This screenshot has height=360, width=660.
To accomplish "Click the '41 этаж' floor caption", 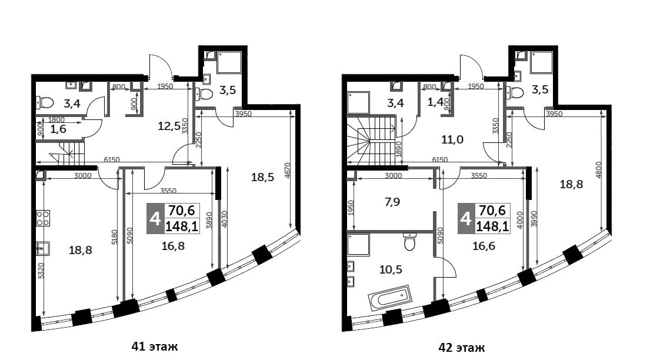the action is [155, 346].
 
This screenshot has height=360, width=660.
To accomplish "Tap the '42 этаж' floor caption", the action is [461, 348].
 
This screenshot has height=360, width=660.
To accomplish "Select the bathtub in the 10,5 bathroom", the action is [390, 298].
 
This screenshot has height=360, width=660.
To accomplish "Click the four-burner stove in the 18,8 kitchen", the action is [42, 218].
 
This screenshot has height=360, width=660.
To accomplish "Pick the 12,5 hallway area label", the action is [169, 125].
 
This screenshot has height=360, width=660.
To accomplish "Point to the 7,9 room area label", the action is [392, 202].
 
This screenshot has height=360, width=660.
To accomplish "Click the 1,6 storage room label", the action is [58, 129].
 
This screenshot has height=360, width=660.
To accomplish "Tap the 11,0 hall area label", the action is [452, 139].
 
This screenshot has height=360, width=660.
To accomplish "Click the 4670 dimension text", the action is [288, 172].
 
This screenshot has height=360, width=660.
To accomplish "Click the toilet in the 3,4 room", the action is [45, 102].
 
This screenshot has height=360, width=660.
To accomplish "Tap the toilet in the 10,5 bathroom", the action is [409, 241].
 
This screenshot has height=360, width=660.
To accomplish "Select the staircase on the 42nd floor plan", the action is [371, 139].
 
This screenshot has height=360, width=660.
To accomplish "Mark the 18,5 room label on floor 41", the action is [263, 177].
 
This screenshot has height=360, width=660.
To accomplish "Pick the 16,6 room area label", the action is [484, 246].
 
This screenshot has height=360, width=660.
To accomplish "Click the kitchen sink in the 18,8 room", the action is [42, 248].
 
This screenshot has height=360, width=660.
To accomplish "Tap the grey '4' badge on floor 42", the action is [465, 218].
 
